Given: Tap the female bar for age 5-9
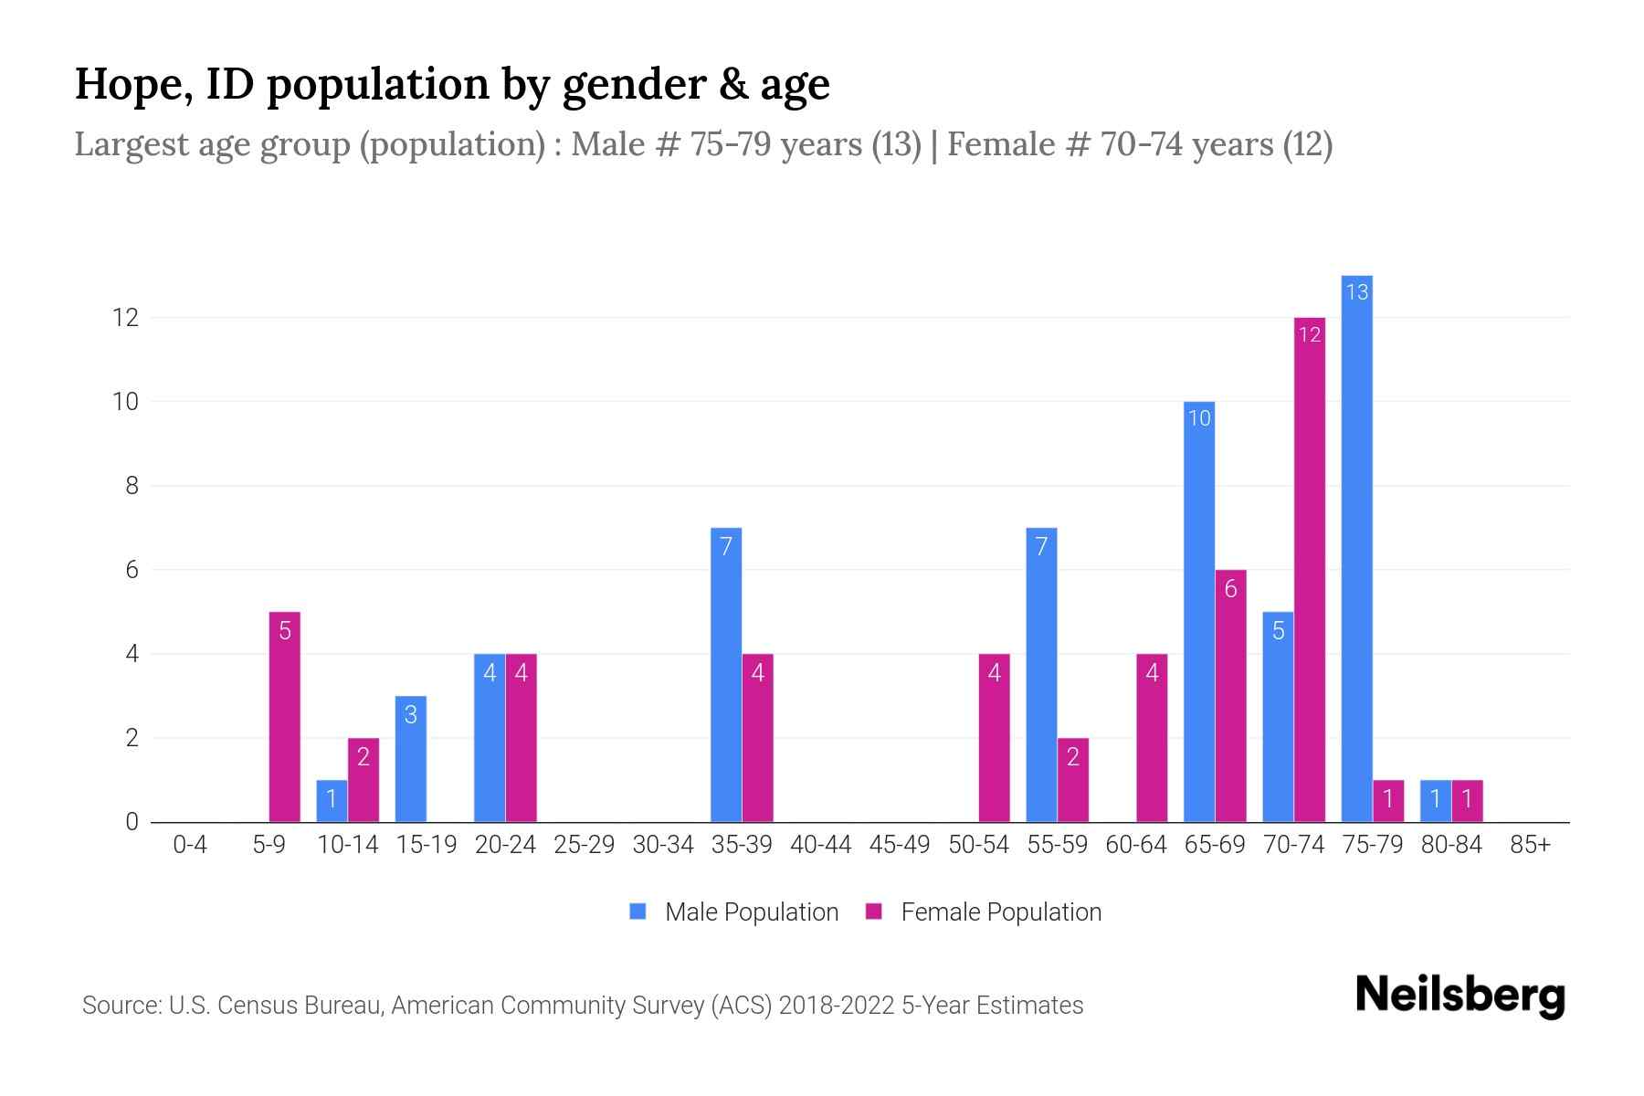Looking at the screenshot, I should coord(284,717).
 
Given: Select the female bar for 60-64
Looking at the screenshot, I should coord(1152,738).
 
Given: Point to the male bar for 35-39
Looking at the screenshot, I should coord(726,676).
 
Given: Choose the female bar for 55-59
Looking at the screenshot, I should coord(1073,780).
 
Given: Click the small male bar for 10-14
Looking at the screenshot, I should coord(332,801).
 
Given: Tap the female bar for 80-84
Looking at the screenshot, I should coord(1467,801).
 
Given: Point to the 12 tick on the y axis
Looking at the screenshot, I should coord(125,318).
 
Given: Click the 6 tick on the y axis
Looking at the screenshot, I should coord(132,570).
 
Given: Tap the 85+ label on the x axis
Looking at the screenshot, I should coord(1530,845).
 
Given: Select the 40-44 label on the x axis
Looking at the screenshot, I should coord(820,845).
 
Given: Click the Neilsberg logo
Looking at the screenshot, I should coord(1460,996).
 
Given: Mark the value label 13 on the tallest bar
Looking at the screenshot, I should coord(1356,292).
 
